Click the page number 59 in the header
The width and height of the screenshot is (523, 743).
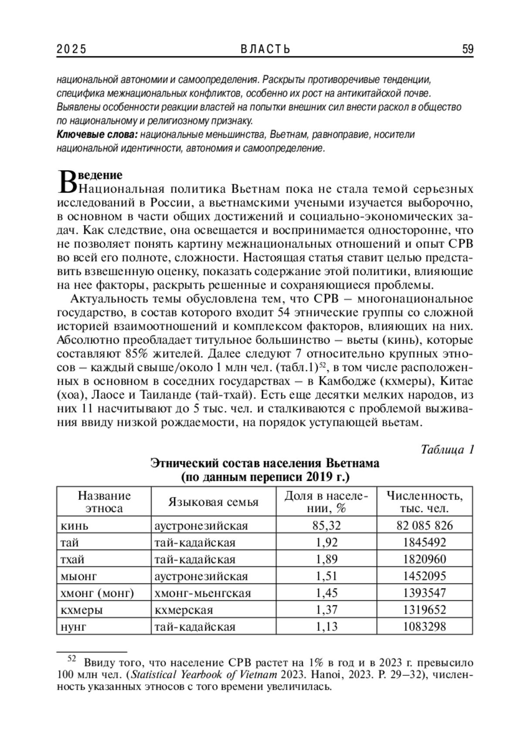(x=467, y=49)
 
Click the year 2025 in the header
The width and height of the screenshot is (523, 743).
(x=71, y=49)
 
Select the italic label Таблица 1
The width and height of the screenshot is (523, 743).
(x=447, y=449)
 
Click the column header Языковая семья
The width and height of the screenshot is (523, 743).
(x=214, y=502)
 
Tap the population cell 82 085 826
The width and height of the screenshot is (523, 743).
(x=425, y=525)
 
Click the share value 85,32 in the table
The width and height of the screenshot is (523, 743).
(x=326, y=525)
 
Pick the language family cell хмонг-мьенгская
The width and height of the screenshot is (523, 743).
(x=203, y=593)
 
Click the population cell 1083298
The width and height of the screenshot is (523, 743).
(x=425, y=627)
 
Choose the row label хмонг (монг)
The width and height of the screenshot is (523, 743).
(x=97, y=593)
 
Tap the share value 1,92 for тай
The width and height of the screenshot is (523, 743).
(x=326, y=542)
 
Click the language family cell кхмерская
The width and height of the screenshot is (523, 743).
(x=183, y=610)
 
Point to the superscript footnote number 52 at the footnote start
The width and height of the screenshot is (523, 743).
(x=71, y=658)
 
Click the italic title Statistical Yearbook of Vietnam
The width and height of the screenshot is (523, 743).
(x=204, y=675)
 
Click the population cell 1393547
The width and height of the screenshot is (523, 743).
(x=425, y=593)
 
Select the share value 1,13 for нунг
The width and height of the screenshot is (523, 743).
(x=326, y=627)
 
